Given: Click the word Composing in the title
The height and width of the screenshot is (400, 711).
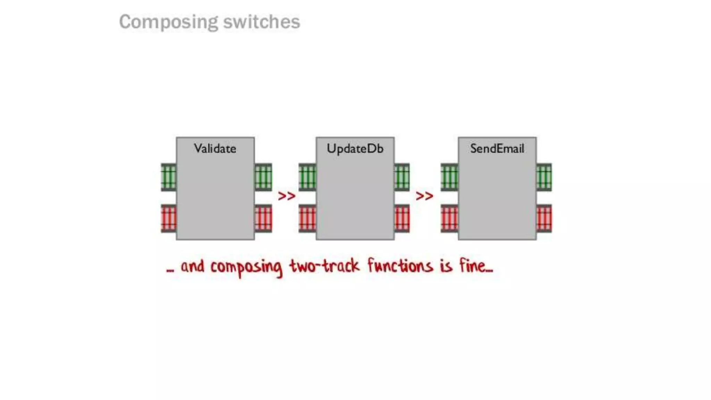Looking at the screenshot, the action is (x=169, y=22).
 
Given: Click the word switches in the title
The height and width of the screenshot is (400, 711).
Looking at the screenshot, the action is (x=261, y=22).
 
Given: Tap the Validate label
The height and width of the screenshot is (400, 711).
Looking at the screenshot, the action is (x=215, y=149).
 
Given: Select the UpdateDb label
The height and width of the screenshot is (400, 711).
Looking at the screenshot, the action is (x=355, y=149).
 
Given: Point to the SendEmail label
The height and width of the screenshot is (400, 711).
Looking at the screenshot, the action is (x=497, y=149).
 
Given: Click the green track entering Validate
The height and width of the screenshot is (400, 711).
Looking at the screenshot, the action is (x=169, y=177).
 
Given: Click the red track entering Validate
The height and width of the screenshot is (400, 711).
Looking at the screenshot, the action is (x=169, y=219).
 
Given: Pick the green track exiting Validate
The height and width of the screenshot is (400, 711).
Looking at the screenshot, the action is (x=263, y=177).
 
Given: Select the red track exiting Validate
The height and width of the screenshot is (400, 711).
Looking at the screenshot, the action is (x=263, y=219).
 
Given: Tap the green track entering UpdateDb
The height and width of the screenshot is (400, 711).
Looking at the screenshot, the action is (x=307, y=177).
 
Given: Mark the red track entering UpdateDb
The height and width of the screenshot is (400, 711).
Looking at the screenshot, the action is (x=307, y=219).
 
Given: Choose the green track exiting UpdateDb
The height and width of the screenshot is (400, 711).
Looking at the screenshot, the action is (x=402, y=177).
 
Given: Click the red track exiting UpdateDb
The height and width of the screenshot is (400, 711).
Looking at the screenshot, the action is (x=402, y=219).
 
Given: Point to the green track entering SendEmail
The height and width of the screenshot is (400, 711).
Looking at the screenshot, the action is (x=449, y=177).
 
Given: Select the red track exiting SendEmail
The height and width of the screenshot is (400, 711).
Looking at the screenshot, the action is (x=544, y=219).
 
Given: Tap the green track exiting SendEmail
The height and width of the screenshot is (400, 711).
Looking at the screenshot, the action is (x=544, y=177).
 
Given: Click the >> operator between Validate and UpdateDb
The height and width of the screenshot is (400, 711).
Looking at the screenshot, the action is (x=286, y=196).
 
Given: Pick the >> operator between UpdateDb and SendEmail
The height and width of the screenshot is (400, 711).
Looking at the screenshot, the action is (x=424, y=196).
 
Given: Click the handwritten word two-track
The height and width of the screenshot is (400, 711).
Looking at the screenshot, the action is (x=325, y=266).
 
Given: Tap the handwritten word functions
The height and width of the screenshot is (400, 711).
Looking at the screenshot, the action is (x=400, y=266).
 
